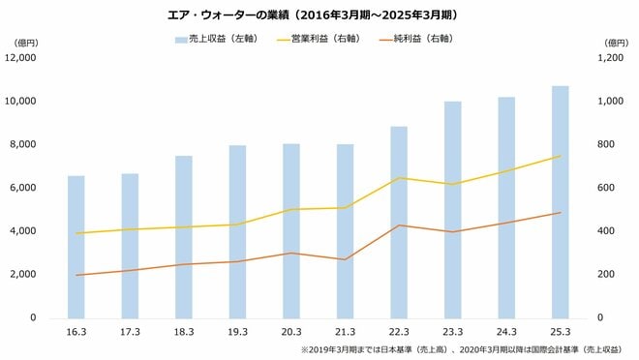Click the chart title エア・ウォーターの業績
pos(319,15)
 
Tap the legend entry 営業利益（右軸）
pos(325,40)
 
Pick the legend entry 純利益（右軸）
pos(426,40)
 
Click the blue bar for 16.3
pos(76,247)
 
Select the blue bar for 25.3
pos(560,202)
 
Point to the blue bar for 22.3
pos(399,222)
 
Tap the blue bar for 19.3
pos(237,231)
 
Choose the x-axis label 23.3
pos(452,333)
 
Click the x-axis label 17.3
pos(130,333)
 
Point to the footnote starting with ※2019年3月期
pos(460,350)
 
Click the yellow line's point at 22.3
pos(399,178)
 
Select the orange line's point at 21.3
pos(345,259)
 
